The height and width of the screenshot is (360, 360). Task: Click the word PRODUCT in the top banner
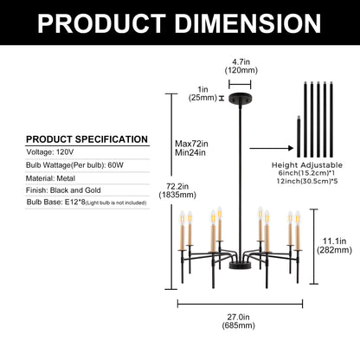pos(102,23)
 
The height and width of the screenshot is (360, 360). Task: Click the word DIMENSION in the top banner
pos(248,23)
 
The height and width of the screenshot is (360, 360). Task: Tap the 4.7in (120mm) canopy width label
pos(241,66)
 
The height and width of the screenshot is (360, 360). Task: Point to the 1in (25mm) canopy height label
pos(202,93)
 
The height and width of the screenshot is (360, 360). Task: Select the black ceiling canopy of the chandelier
pos(240,99)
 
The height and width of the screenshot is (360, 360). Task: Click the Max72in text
pos(191,144)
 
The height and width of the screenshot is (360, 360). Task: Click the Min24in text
pos(190,152)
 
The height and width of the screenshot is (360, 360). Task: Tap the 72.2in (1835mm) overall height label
pos(177,190)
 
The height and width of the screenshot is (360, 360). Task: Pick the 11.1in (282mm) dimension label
pos(334,245)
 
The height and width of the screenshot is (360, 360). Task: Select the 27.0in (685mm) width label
pos(238,321)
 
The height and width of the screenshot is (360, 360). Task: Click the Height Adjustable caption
pos(307,165)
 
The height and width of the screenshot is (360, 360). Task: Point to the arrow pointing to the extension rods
pos(272,148)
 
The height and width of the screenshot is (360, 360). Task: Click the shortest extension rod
pos(299,137)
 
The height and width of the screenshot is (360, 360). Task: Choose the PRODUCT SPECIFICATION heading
pos(87,139)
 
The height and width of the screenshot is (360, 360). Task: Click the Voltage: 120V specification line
pos(50,152)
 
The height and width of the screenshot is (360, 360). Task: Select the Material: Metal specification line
pos(50,178)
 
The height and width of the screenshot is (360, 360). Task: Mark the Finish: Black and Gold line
pos(63,190)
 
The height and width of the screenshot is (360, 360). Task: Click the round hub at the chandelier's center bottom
pos(240,266)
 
